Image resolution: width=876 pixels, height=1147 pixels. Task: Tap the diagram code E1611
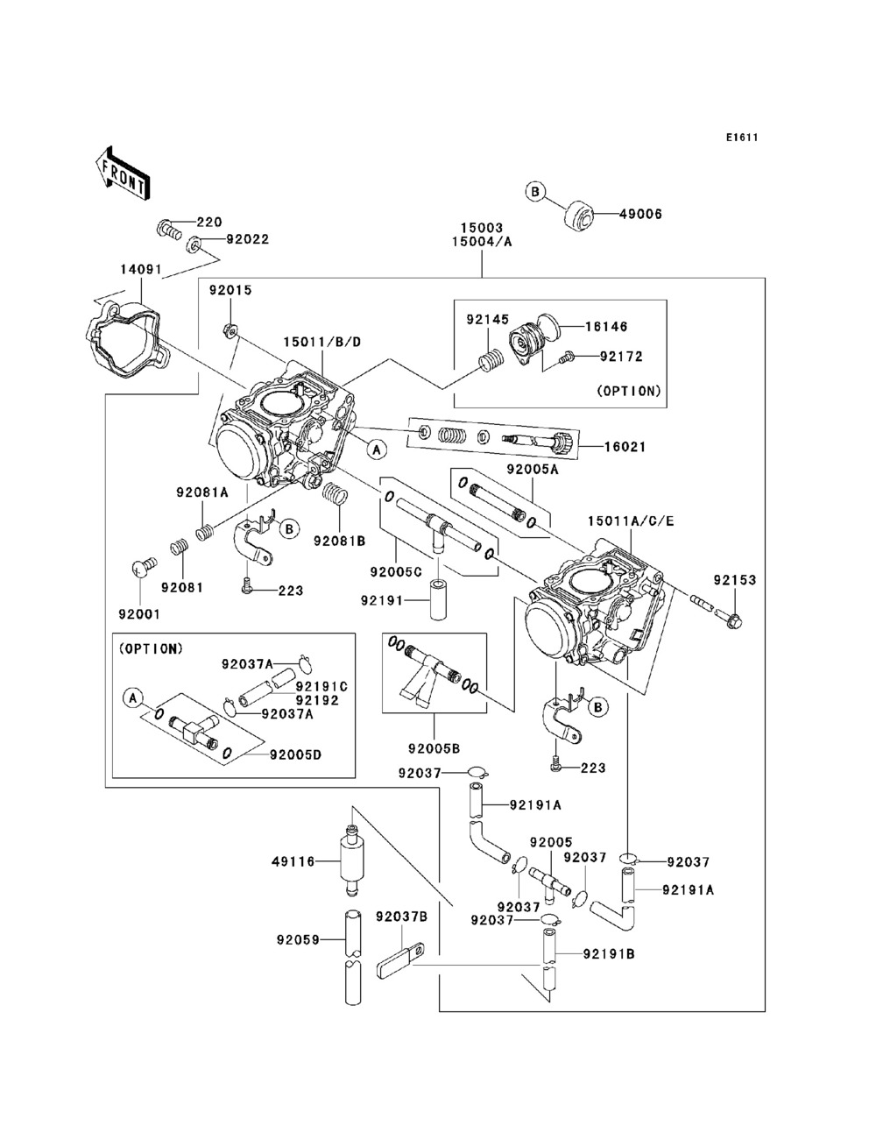coord(741,138)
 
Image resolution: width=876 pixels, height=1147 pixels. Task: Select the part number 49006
coord(641,214)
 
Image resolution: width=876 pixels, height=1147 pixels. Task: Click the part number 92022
coord(247,238)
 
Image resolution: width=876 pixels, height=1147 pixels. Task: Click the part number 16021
coord(625,446)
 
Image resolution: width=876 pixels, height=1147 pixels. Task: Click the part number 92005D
coord(295,754)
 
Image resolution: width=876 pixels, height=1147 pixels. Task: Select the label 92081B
coord(339,541)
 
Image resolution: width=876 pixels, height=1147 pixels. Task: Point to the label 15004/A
coord(481,243)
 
